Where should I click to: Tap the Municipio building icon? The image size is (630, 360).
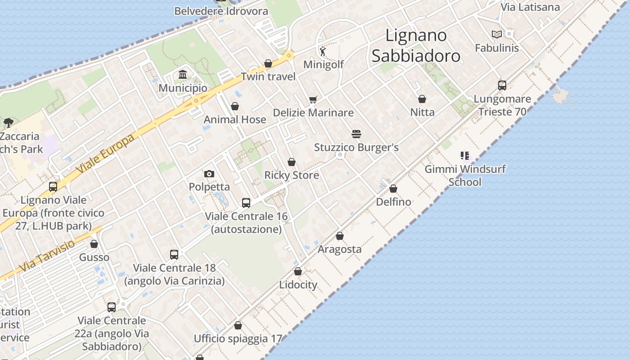click(x=183, y=74)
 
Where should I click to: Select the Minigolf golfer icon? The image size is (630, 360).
click(x=323, y=51)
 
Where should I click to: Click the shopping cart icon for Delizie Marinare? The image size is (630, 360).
click(x=313, y=99)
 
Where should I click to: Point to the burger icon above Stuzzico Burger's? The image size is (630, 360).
click(x=356, y=134)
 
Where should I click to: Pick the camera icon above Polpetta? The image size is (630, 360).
click(x=209, y=174)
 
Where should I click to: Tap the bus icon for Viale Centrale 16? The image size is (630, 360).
click(x=246, y=202)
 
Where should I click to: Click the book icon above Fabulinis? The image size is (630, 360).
click(x=497, y=34)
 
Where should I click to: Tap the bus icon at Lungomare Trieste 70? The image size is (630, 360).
click(x=502, y=85)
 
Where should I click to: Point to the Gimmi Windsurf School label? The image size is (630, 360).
click(x=465, y=175)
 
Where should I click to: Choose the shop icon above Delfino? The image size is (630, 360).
click(x=393, y=189)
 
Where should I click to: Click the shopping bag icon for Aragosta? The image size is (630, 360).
click(x=340, y=236)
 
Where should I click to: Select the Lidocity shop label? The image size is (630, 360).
click(x=298, y=285)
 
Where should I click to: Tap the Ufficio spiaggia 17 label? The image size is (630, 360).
click(x=238, y=338)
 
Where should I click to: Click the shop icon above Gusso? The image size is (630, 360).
click(x=94, y=244)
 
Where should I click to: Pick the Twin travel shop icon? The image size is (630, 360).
click(x=268, y=63)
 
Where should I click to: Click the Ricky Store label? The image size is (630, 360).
click(x=292, y=175)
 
